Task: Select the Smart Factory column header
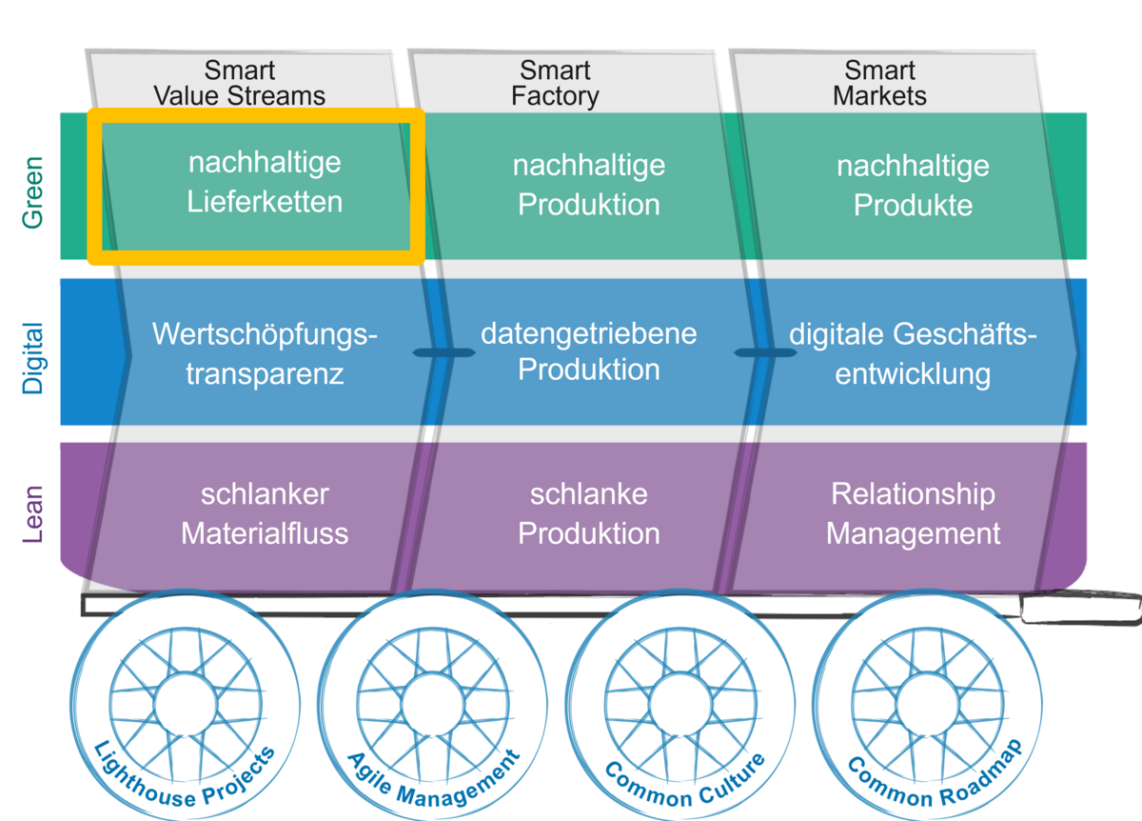click(555, 84)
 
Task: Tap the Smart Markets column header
click(879, 84)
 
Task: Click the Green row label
click(33, 188)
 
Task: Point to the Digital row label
click(33, 357)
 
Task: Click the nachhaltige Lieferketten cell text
click(264, 182)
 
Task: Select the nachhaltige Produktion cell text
click(588, 185)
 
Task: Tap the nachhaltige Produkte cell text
click(913, 185)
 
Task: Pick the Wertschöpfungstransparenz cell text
click(264, 353)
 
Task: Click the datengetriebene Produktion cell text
click(588, 351)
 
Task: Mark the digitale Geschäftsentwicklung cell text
click(913, 353)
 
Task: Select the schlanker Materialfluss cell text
click(264, 513)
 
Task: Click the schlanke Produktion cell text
click(588, 513)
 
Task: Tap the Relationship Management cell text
click(913, 513)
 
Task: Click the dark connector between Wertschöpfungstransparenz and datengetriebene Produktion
click(443, 353)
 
